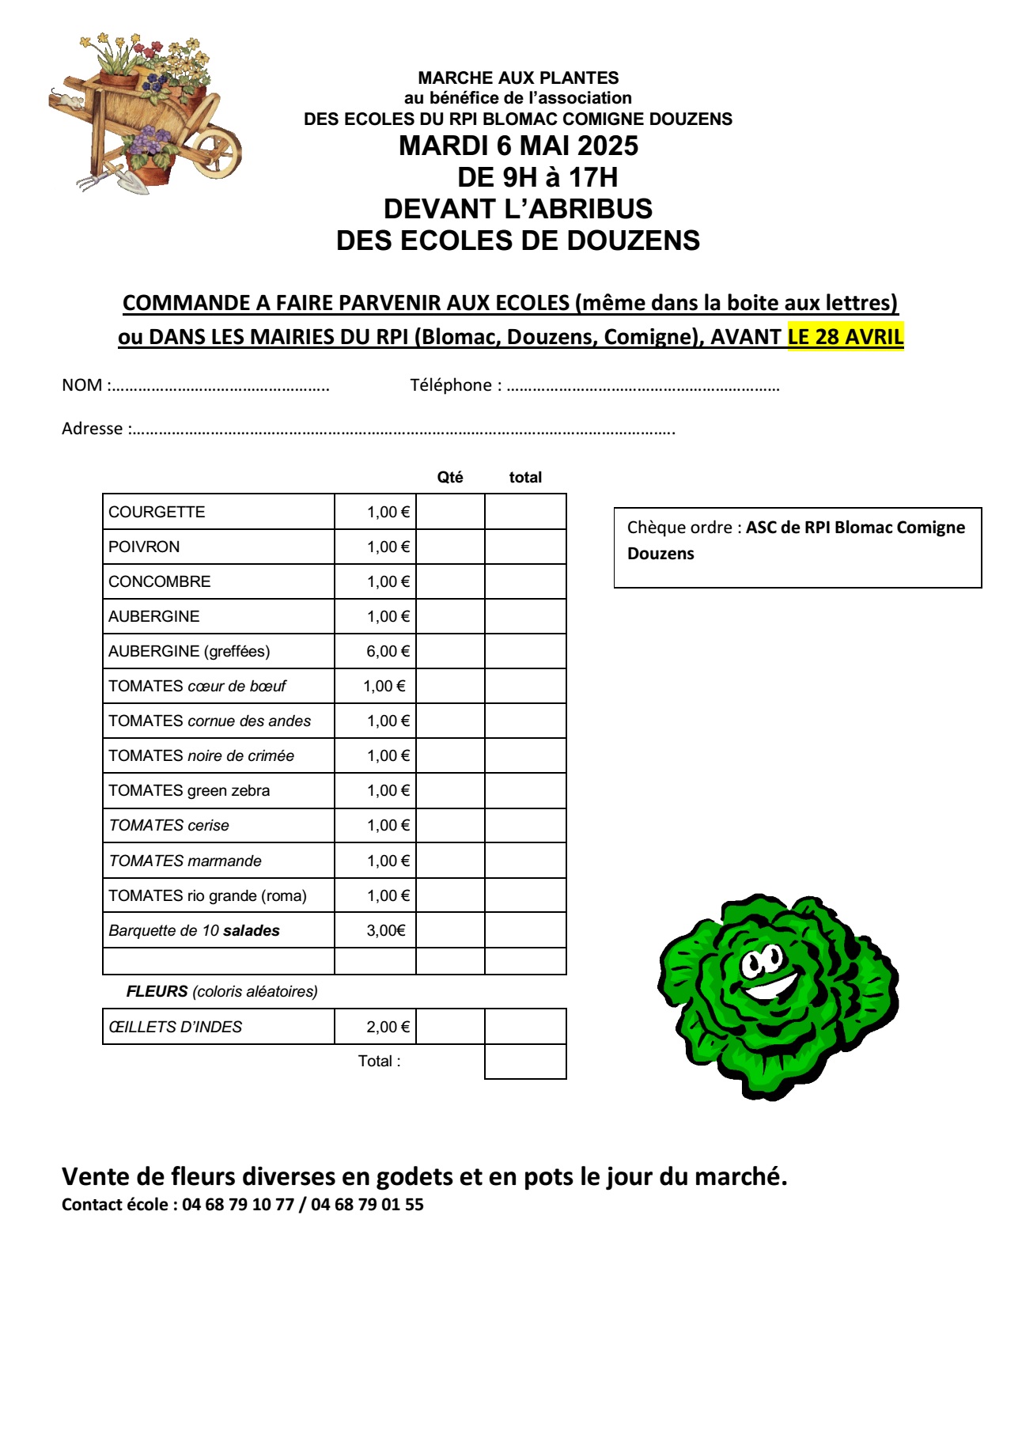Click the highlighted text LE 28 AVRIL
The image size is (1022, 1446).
[845, 337]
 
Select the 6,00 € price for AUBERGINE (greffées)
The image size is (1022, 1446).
[388, 651]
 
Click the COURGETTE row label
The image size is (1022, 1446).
[157, 512]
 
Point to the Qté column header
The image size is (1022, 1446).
[450, 477]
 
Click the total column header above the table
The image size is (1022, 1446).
[525, 477]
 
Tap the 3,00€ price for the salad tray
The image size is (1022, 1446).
[385, 930]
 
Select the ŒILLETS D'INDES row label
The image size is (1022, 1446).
[176, 1027]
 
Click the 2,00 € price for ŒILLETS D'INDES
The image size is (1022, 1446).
[388, 1027]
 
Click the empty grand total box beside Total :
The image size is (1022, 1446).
[525, 1062]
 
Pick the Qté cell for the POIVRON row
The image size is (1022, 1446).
[450, 547]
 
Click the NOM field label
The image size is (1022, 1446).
[82, 385]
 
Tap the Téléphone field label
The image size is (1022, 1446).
[451, 385]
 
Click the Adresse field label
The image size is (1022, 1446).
[93, 429]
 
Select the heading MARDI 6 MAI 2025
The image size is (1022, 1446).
[518, 146]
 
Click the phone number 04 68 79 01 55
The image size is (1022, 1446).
[367, 1205]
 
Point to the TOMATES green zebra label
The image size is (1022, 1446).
[189, 790]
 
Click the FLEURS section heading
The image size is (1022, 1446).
[157, 991]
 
